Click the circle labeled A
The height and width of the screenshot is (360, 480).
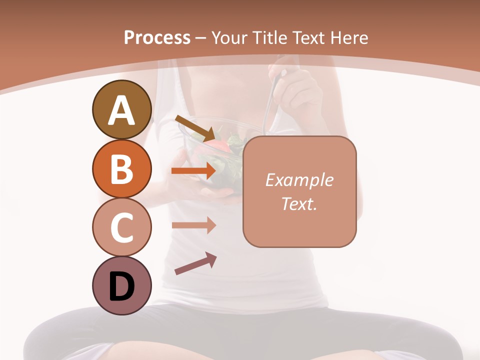(x=121, y=109)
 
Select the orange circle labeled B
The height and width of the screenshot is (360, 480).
(x=121, y=168)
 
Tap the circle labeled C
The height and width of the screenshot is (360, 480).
(x=121, y=227)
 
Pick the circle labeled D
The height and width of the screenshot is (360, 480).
(x=121, y=285)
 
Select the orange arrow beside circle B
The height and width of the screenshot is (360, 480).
(x=194, y=170)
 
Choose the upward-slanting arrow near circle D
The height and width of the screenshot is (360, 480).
(x=195, y=264)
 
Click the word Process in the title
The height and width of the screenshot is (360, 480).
(x=157, y=37)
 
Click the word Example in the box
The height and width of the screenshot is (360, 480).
(x=299, y=180)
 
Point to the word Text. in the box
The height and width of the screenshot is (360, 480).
(x=299, y=203)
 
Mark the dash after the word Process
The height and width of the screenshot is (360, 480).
(x=201, y=38)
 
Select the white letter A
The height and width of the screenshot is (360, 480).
(x=121, y=110)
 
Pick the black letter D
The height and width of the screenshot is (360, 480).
(x=121, y=286)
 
